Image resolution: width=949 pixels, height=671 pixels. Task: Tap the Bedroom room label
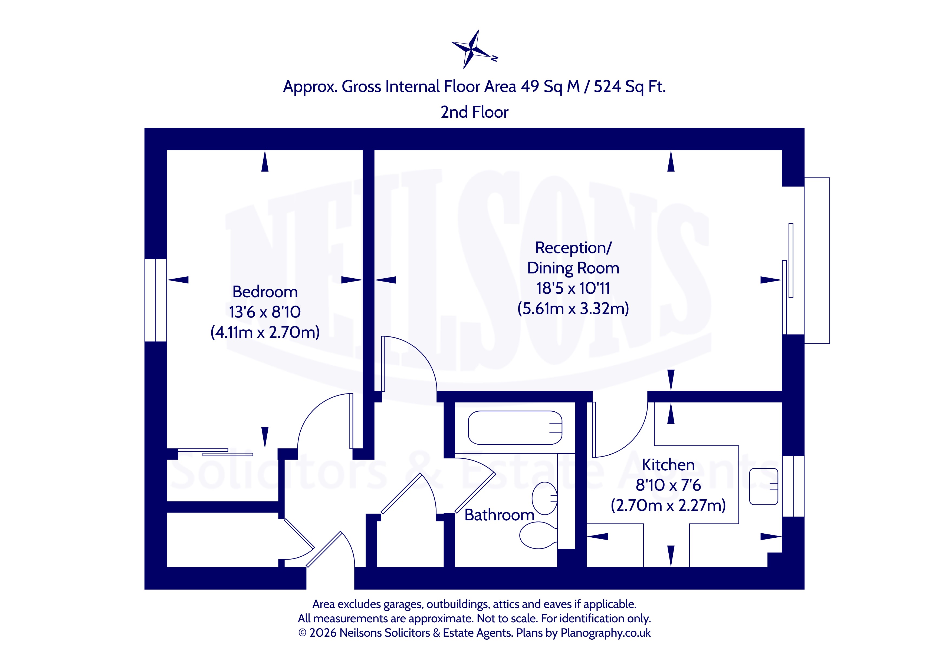[x=265, y=292]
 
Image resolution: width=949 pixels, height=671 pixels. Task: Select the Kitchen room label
[x=668, y=465]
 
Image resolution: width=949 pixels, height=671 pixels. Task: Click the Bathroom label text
[x=499, y=515]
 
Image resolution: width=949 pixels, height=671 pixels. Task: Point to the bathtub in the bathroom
[x=515, y=428]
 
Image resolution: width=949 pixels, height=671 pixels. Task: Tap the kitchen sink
[x=764, y=486]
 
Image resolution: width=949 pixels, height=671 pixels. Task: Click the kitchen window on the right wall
[x=793, y=486]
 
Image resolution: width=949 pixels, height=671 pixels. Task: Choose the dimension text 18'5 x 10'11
[x=573, y=288]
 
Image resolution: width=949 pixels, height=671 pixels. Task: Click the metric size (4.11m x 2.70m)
[x=265, y=332]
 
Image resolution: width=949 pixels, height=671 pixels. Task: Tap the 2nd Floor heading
[x=475, y=112]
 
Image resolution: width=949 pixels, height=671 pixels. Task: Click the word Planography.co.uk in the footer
[x=606, y=633]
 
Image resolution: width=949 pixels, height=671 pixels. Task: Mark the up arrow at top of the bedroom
[x=265, y=161]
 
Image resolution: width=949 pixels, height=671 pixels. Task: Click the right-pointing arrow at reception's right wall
[x=771, y=280]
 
